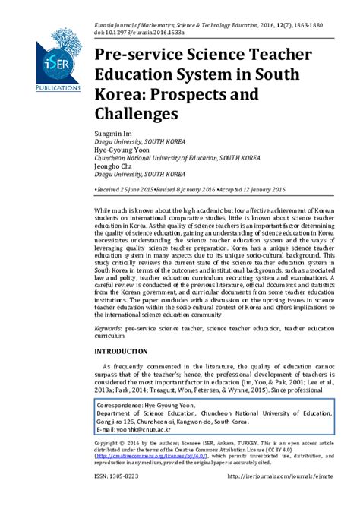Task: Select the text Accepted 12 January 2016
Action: click(255, 187)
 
